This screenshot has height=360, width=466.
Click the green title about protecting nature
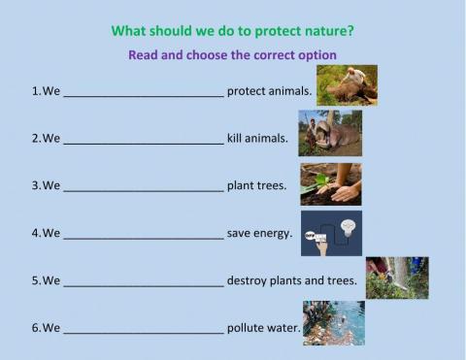[x=232, y=30]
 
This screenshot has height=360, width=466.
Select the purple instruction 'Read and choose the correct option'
[x=232, y=55]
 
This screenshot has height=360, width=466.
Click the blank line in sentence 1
[x=144, y=94]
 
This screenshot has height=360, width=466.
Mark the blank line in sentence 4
[x=144, y=235]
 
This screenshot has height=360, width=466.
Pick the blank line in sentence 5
[x=144, y=282]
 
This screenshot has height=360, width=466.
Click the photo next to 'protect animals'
[x=347, y=84]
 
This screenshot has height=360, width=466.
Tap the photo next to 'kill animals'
[x=330, y=133]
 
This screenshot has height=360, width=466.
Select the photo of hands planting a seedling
[x=330, y=182]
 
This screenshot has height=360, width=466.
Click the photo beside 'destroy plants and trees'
[x=396, y=278]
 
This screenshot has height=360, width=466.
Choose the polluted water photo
[x=333, y=322]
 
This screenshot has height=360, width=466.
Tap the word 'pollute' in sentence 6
[x=246, y=328]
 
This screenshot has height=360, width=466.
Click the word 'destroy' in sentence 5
[x=248, y=281]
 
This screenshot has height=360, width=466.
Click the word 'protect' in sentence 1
[x=248, y=92]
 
